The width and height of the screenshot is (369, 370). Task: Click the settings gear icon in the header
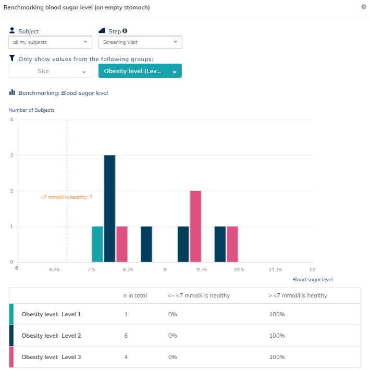[x=363, y=7]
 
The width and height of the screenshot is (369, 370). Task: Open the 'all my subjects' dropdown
[x=50, y=42]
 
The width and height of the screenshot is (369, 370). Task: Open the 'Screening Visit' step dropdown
[x=140, y=42]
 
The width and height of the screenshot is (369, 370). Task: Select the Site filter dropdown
[x=50, y=71]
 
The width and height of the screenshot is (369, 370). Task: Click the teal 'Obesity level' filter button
[x=140, y=71]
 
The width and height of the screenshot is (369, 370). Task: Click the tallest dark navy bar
[x=109, y=208]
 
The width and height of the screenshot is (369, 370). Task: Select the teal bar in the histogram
[x=97, y=244]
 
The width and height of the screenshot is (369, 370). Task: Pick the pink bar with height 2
[x=195, y=226]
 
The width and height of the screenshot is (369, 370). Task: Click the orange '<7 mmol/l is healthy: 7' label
[x=67, y=197]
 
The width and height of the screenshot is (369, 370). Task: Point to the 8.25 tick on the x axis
[x=128, y=269]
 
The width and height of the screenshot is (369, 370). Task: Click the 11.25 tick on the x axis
[x=275, y=269]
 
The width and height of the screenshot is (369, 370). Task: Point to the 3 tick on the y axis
[x=11, y=155]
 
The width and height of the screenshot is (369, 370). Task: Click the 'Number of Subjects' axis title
[x=31, y=110]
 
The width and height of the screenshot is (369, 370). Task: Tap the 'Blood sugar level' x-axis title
[x=312, y=280]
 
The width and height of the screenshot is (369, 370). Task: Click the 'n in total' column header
[x=135, y=295]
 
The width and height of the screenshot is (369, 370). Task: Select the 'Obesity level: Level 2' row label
[x=51, y=336]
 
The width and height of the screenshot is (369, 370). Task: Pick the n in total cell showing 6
[x=125, y=336]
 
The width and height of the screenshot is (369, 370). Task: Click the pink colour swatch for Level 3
[x=11, y=357]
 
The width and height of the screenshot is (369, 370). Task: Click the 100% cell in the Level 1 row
[x=276, y=314]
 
